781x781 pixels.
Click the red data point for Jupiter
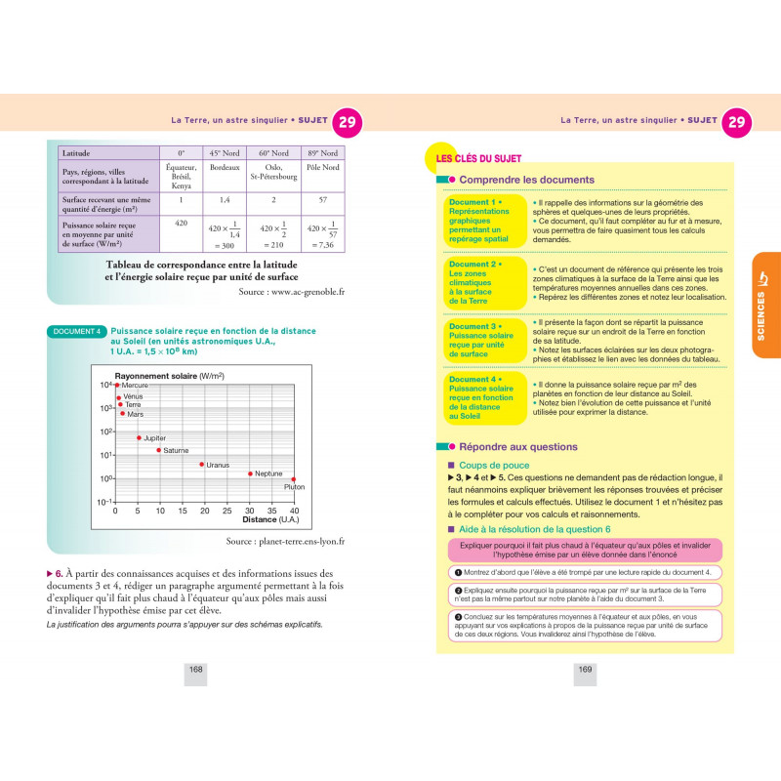click(139, 437)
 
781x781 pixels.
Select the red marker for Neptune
click(251, 473)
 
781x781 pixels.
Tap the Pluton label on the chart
click(294, 486)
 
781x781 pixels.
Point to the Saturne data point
click(159, 449)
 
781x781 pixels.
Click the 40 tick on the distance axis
click(295, 511)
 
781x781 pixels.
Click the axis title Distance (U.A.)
click(272, 519)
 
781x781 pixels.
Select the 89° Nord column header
click(321, 153)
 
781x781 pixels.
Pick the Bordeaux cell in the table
click(225, 168)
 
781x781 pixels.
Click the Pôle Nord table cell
click(321, 168)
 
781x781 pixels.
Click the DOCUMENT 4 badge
click(76, 332)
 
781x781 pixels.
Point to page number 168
click(195, 669)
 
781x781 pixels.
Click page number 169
click(586, 669)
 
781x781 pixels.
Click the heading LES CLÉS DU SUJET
click(478, 158)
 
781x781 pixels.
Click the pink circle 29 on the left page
click(347, 122)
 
